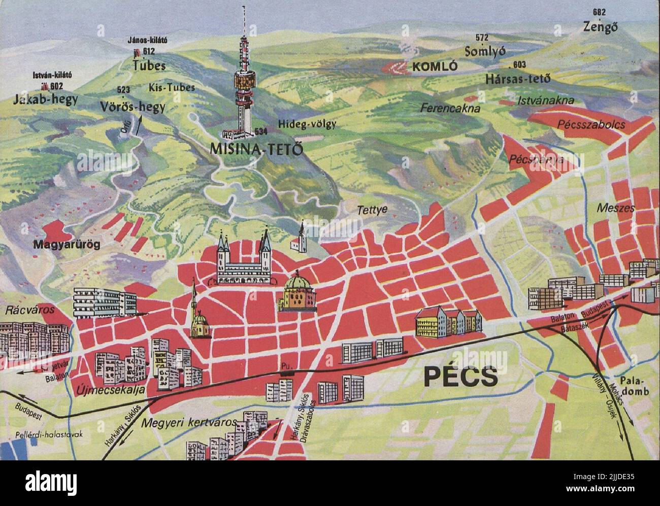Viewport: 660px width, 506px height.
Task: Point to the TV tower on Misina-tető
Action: (x=244, y=81)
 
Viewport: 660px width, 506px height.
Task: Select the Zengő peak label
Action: (x=601, y=27)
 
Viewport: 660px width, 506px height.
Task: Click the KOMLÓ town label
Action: (x=435, y=66)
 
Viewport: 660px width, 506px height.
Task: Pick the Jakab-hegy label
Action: (x=46, y=98)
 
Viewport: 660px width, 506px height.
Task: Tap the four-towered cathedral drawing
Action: (x=244, y=259)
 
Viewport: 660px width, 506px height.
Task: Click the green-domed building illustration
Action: (x=296, y=294)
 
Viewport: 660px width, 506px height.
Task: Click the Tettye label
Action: (x=372, y=209)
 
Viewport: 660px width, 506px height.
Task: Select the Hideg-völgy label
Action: (x=307, y=124)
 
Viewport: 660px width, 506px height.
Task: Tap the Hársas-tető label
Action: (x=517, y=79)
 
